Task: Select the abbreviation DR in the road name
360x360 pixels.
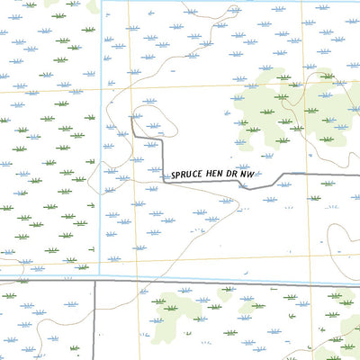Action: click(x=243, y=175)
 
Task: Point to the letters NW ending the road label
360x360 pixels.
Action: click(x=259, y=174)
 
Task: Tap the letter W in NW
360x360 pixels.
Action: click(x=263, y=174)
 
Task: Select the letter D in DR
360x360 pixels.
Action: click(x=239, y=175)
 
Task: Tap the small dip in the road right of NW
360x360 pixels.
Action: click(x=249, y=187)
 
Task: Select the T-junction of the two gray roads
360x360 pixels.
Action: click(x=95, y=281)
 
